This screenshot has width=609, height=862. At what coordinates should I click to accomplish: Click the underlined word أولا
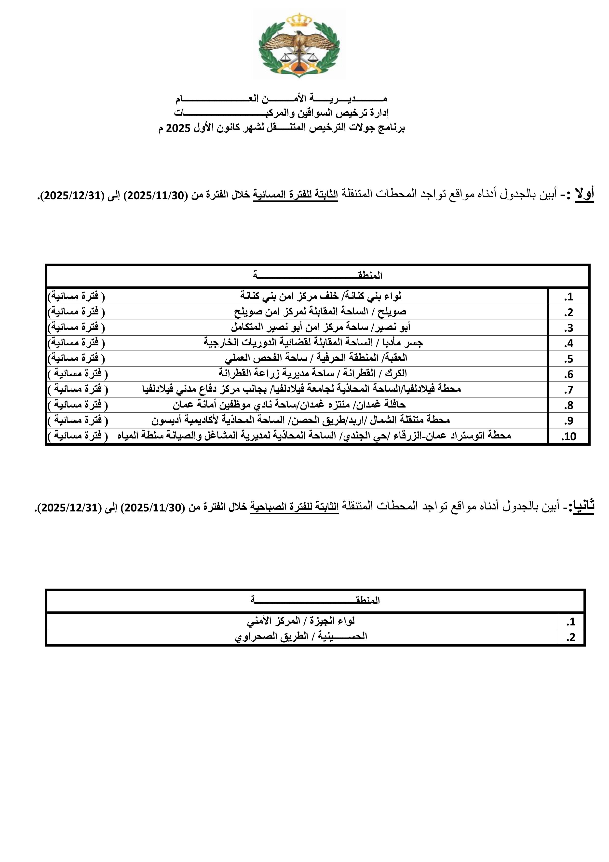tap(584, 195)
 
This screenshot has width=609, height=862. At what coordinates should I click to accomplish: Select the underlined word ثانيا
tap(581, 507)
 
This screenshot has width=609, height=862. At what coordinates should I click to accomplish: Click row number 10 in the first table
tap(568, 437)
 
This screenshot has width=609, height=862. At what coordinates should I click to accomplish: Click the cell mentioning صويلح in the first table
tap(320, 311)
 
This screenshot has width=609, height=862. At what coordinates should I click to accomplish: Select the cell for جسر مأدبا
tap(313, 343)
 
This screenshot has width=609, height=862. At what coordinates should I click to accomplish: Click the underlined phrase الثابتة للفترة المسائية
tap(295, 195)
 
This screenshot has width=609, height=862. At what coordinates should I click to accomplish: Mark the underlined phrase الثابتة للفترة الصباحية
tap(295, 507)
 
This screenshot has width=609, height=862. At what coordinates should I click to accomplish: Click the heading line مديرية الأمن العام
tap(281, 99)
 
